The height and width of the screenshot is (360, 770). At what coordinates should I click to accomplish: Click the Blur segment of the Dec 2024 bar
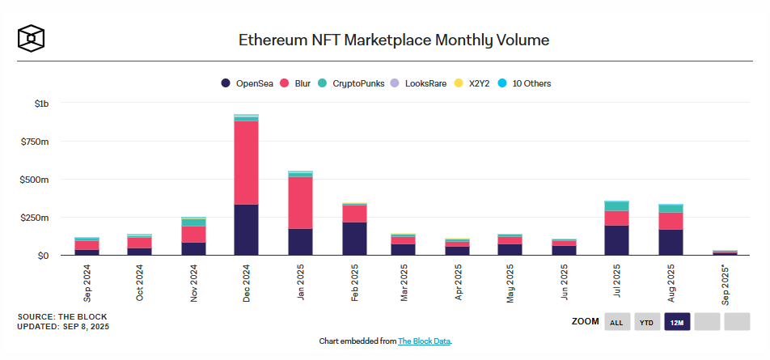[x=246, y=162]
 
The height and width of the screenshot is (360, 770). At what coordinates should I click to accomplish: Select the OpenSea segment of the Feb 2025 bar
[x=353, y=239]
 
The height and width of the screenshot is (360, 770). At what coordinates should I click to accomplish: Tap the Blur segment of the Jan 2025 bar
[x=300, y=202]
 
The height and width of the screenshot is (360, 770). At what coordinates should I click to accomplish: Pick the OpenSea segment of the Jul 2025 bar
[x=616, y=240]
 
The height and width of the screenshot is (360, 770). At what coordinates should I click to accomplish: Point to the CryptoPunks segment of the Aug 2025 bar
[x=671, y=208]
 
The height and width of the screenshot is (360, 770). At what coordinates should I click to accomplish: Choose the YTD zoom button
[x=647, y=322]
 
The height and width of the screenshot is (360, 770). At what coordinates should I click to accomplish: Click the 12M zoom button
[x=677, y=322]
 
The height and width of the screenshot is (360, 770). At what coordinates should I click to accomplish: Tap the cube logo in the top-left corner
[x=31, y=37]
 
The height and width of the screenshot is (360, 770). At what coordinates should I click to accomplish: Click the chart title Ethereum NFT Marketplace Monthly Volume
[x=394, y=40]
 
